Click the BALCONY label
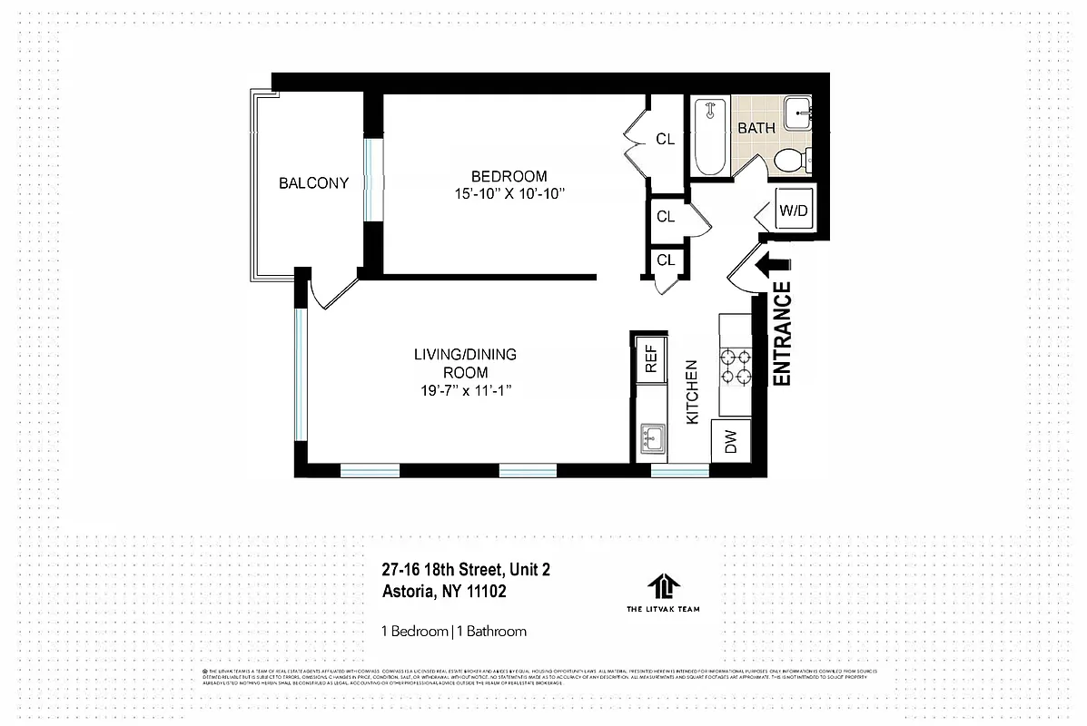(313, 183)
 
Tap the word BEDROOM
(509, 176)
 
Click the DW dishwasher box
(731, 442)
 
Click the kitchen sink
(651, 440)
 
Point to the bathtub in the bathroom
(709, 138)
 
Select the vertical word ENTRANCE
(782, 334)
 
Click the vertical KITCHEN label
(691, 392)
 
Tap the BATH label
(756, 128)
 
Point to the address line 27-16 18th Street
(466, 570)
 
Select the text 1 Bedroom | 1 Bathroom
(453, 631)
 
